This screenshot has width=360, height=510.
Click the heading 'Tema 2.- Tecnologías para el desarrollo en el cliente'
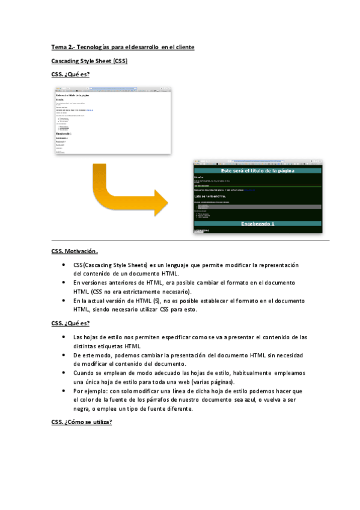click(x=123, y=47)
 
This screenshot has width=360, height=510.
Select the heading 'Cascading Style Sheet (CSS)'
click(x=89, y=61)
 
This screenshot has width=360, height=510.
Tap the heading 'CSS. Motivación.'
click(x=75, y=251)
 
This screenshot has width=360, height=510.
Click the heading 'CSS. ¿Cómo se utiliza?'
click(x=82, y=422)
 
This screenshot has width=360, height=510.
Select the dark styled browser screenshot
click(x=257, y=195)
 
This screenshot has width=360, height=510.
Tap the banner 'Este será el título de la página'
click(x=257, y=171)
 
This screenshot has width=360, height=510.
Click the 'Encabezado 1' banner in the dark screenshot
click(x=257, y=224)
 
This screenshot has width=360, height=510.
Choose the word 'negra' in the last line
click(x=82, y=408)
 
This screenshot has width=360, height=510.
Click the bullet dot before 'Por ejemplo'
click(x=64, y=390)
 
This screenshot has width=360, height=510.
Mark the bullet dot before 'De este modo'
click(x=64, y=355)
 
